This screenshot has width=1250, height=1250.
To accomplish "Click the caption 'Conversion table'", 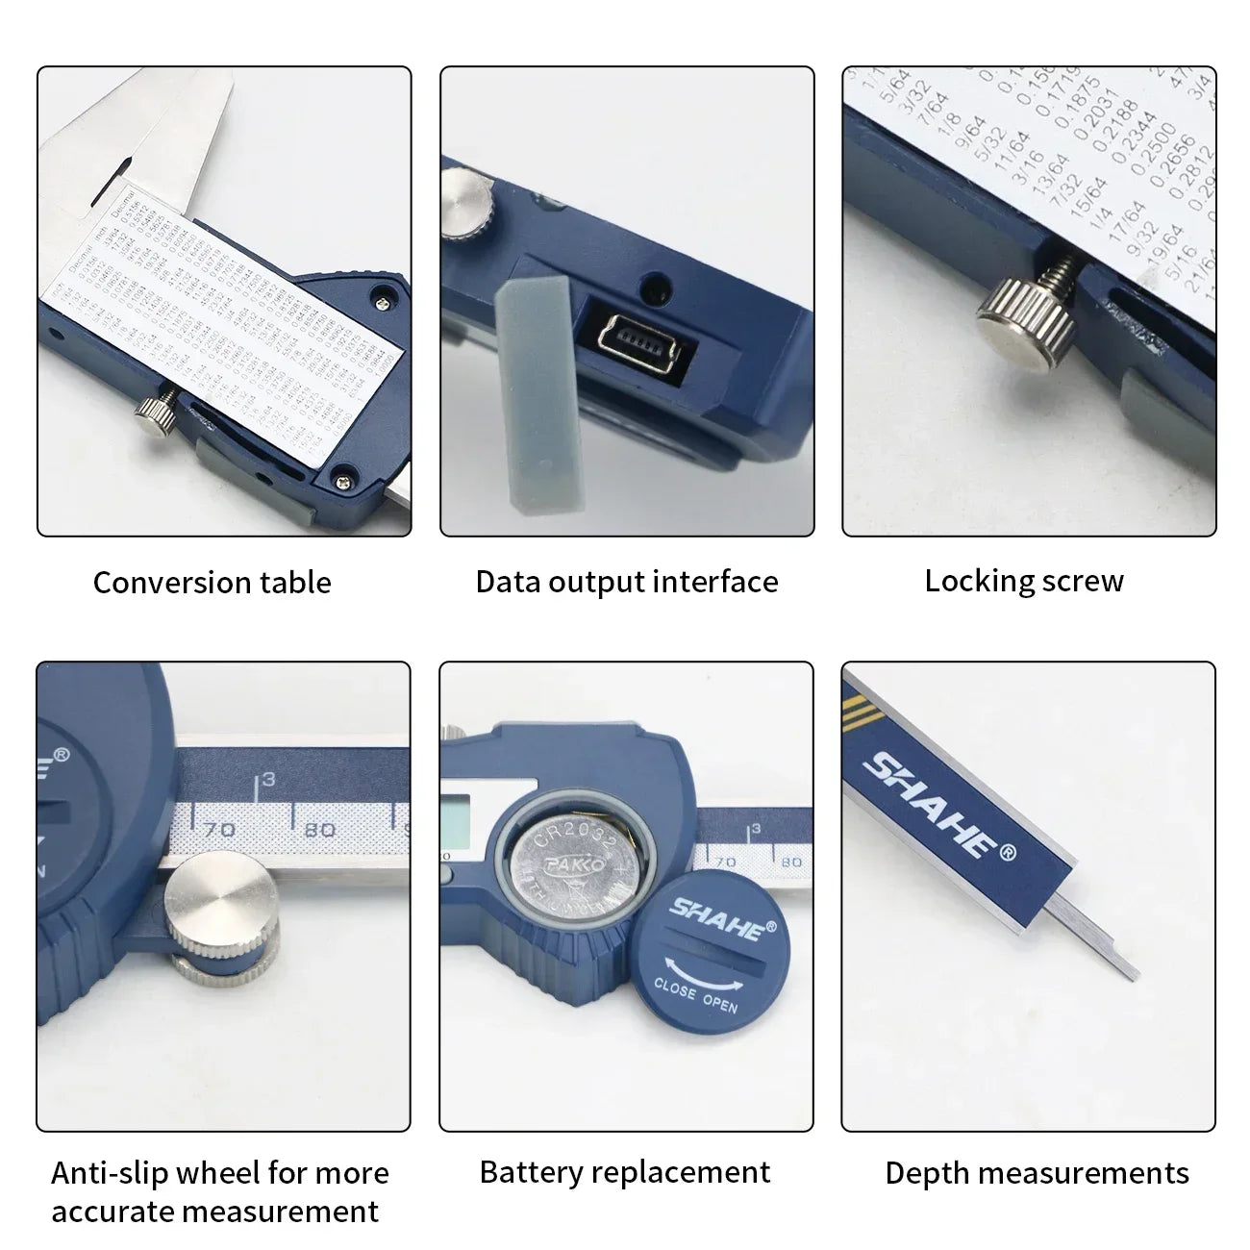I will tap(212, 583).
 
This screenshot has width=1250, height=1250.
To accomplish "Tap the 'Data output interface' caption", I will tap(626, 582).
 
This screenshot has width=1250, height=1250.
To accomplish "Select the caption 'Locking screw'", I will tap(1024, 581).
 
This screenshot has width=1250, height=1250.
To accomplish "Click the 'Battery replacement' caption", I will tap(624, 1172).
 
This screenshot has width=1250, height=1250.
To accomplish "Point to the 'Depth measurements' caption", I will tap(1037, 1173).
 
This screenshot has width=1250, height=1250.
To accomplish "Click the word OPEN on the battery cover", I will tap(719, 1003).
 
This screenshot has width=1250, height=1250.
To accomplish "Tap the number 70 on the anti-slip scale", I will tap(219, 829).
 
